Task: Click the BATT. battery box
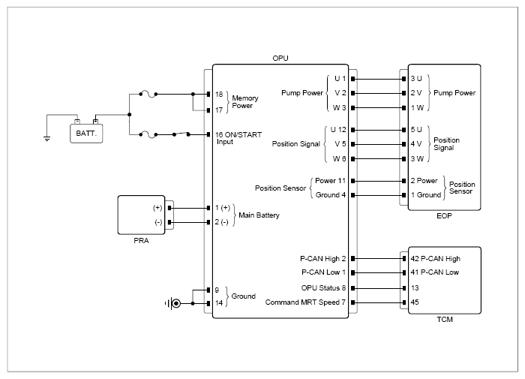point(86,134)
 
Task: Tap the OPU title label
point(280,59)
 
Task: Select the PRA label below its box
point(141,241)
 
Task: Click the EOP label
point(444,216)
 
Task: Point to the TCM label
point(445,320)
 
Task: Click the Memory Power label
point(245,102)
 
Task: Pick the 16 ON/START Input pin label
point(238,138)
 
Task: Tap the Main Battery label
point(259,215)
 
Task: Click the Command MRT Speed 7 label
point(305,302)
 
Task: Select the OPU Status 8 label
point(323,288)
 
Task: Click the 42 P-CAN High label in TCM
point(435,259)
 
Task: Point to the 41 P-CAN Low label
point(434,272)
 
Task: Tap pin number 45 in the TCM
point(415,302)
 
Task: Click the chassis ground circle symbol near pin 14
point(176,304)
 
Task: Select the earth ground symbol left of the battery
point(46,138)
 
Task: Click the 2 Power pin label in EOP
point(424,181)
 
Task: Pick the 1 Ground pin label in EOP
point(425,195)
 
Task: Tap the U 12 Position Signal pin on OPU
point(338,130)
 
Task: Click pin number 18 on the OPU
point(219,94)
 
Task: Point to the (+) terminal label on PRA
point(157,208)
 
